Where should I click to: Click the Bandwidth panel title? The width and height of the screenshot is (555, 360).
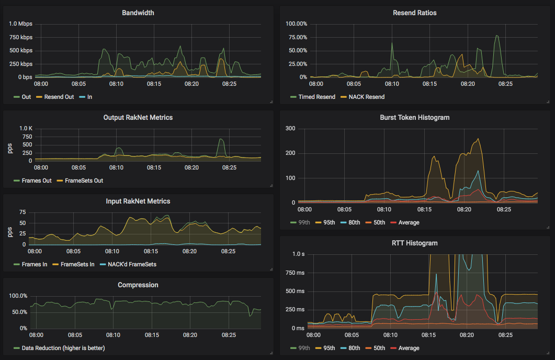(x=138, y=13)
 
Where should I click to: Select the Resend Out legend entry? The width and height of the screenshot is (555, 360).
(x=59, y=97)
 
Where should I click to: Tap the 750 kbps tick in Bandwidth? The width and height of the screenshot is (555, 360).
(x=21, y=37)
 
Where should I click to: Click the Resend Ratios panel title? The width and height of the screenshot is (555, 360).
(x=414, y=13)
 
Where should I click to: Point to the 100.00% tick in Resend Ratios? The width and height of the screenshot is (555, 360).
(x=296, y=24)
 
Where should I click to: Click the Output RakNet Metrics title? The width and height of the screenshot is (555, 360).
(x=138, y=117)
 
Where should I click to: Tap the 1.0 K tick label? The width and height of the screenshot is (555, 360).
(x=26, y=129)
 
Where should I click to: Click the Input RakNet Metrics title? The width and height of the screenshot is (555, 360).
(x=138, y=201)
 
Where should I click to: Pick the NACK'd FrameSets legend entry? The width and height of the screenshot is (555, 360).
(x=131, y=264)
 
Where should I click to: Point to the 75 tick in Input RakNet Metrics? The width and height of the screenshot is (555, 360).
(x=22, y=212)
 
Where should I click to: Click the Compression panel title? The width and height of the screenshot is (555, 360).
(x=138, y=285)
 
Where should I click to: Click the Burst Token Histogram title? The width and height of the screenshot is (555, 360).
(x=414, y=117)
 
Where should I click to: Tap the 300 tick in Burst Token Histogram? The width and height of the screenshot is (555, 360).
(x=290, y=129)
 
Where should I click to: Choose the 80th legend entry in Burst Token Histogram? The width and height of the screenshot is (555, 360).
(x=354, y=222)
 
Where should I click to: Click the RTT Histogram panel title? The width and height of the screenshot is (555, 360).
(x=414, y=243)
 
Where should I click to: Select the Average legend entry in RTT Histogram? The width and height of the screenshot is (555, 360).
(x=409, y=348)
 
